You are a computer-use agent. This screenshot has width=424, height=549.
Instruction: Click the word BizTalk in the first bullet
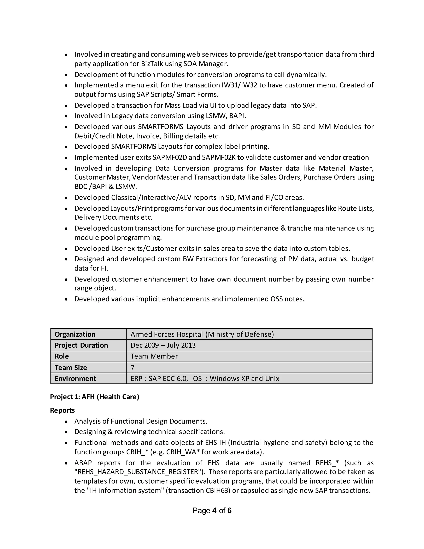(152, 64)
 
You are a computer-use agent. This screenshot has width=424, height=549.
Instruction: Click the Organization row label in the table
(75, 334)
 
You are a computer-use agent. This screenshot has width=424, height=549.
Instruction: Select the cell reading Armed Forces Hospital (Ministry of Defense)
(202, 334)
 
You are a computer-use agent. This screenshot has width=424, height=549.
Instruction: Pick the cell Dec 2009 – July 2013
(163, 345)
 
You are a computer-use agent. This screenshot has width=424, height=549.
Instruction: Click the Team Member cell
(154, 357)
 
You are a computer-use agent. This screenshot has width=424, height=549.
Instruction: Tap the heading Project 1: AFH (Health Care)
(94, 397)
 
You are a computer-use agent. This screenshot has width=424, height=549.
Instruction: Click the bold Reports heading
(62, 410)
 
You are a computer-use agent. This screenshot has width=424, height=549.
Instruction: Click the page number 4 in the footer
(214, 510)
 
